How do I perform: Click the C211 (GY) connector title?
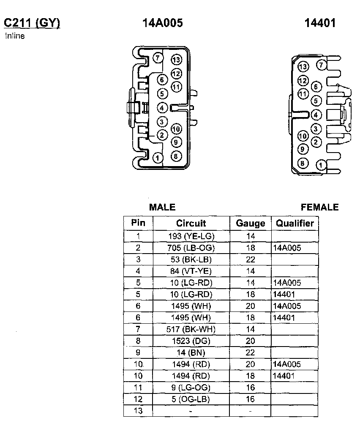click(32, 23)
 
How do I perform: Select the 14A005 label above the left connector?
click(163, 23)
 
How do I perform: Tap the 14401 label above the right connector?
click(320, 23)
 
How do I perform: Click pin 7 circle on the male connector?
click(158, 58)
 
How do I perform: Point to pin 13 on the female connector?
click(303, 67)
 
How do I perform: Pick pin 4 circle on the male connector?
click(162, 108)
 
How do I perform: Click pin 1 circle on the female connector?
click(322, 165)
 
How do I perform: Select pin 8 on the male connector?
click(176, 156)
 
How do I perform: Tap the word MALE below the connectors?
click(162, 207)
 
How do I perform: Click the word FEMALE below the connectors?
click(319, 207)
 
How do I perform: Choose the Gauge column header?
click(250, 223)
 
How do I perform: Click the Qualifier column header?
click(295, 223)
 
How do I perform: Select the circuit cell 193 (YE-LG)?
click(191, 236)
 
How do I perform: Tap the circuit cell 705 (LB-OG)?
click(191, 248)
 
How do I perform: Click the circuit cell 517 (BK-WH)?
click(191, 329)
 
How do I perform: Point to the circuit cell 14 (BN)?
click(191, 352)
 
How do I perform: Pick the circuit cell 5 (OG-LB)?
click(191, 399)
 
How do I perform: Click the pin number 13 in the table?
click(138, 410)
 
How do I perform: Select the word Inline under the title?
click(15, 36)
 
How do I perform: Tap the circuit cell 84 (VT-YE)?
click(191, 271)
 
